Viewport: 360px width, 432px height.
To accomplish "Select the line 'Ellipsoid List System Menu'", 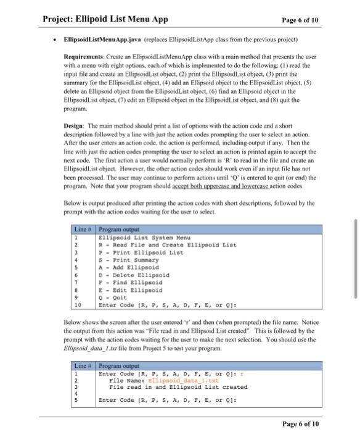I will pyautogui.click(x=145, y=238).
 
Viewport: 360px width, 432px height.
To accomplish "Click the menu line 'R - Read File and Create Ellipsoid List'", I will pyautogui.click(x=167, y=246).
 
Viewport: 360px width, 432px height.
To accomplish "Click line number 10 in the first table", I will pyautogui.click(x=77, y=305).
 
